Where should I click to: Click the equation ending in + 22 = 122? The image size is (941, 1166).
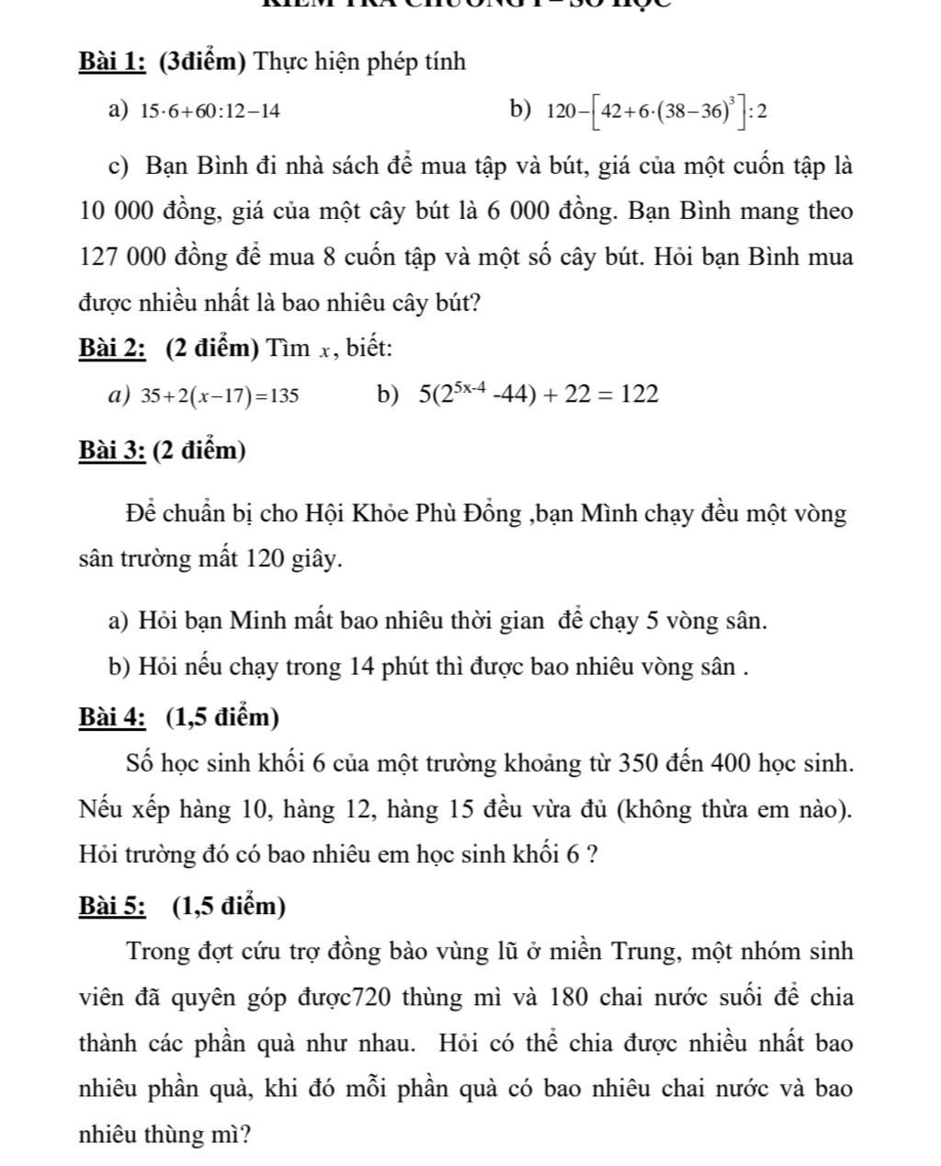(539, 394)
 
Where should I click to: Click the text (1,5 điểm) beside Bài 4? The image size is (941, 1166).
(223, 716)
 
